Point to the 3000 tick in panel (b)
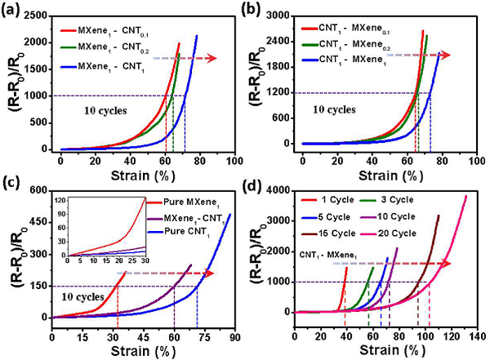tap(284, 16)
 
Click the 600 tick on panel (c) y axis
tap(37, 191)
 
